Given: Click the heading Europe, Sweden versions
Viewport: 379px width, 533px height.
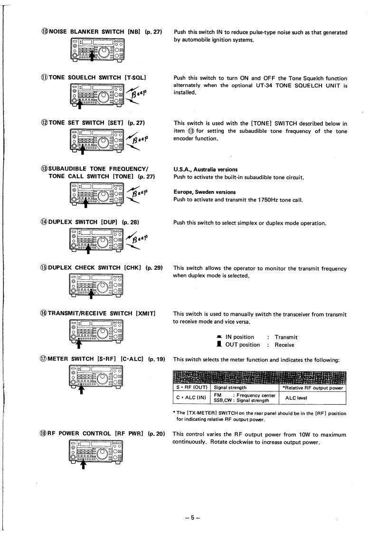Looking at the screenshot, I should [x=205, y=192].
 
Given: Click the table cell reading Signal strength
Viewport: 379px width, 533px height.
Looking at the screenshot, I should [x=230, y=388].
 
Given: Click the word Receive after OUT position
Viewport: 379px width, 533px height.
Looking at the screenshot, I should [x=284, y=345].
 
